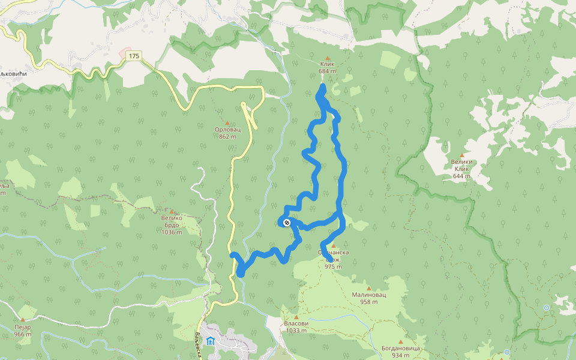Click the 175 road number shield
click(x=133, y=56)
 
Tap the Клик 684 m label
click(x=327, y=67)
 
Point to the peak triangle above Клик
click(x=327, y=58)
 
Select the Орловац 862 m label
click(x=227, y=133)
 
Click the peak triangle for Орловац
click(x=227, y=122)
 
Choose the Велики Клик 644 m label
click(x=461, y=169)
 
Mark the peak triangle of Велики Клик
click(x=461, y=155)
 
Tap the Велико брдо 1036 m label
click(x=172, y=225)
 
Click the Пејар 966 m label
click(x=23, y=330)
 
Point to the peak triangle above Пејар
click(x=23, y=320)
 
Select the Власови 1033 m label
click(x=296, y=326)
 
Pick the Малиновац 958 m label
click(x=368, y=298)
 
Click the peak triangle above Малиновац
click(x=368, y=288)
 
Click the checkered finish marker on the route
click(x=286, y=223)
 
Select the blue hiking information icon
click(x=209, y=341)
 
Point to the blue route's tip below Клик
click(x=323, y=88)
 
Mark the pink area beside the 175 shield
click(x=124, y=54)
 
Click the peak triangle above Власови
click(x=296, y=316)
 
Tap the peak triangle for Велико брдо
click(x=172, y=211)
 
